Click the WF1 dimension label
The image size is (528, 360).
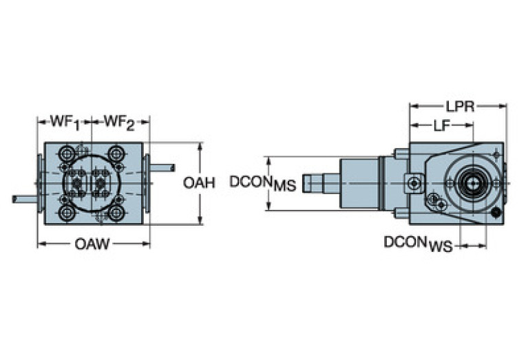click(x=65, y=123)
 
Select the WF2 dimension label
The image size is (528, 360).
click(x=118, y=123)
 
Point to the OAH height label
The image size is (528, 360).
click(x=200, y=182)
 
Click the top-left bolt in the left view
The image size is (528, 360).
click(x=70, y=153)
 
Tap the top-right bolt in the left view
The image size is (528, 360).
click(x=116, y=153)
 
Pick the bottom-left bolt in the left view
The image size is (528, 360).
click(x=70, y=213)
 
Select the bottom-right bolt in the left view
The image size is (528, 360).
click(x=116, y=213)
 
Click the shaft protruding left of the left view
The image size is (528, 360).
click(x=25, y=199)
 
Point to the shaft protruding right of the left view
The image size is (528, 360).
click(x=162, y=167)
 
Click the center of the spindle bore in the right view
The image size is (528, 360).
click(x=472, y=182)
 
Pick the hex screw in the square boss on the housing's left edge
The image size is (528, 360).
click(x=414, y=183)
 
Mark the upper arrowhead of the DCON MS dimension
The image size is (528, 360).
click(x=269, y=159)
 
